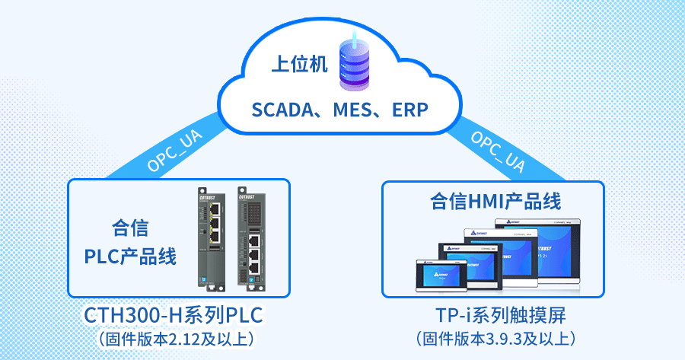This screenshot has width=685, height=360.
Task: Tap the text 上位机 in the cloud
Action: click(295, 65)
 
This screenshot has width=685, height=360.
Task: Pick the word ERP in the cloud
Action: click(409, 110)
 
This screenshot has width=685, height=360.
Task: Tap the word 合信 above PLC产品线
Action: click(130, 228)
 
